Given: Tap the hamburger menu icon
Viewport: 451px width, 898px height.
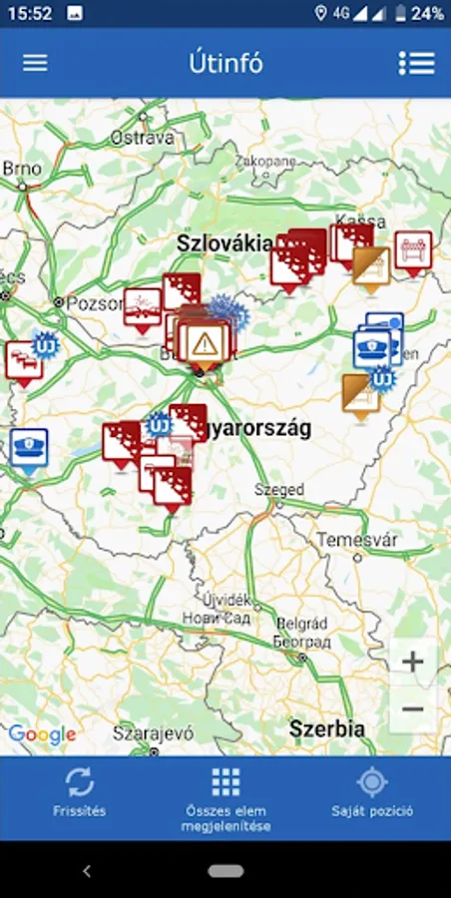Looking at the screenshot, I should tap(35, 62).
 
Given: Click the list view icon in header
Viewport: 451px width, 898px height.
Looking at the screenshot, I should tap(416, 62).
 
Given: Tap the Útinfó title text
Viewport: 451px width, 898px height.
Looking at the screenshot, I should tap(225, 62).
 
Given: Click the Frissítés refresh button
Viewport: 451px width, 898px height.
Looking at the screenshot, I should tap(80, 792).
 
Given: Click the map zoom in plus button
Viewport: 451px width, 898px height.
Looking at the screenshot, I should tap(412, 661).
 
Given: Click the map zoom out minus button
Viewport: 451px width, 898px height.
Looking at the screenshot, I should tap(412, 709).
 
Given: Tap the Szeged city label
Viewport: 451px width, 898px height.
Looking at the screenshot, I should tap(278, 491).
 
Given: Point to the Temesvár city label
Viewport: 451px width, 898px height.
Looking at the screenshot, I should tap(357, 540).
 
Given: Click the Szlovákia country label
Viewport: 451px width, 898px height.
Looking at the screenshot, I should tap(225, 242).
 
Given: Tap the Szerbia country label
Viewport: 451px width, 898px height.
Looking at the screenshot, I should tap(326, 728).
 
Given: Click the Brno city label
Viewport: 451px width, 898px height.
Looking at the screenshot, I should tap(22, 169).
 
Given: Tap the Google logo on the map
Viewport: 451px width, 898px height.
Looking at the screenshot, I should tap(42, 735).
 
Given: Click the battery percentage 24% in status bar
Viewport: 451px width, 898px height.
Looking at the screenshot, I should tap(427, 14).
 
